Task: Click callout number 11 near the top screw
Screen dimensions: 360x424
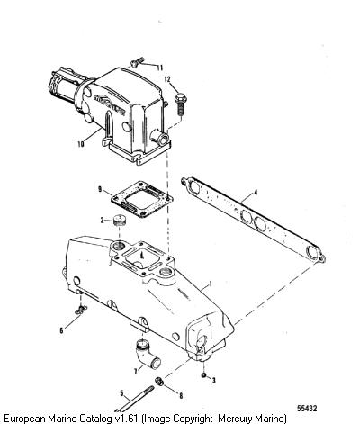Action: tap(159, 68)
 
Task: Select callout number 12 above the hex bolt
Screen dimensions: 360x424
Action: tap(167, 79)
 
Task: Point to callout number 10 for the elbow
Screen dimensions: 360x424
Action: tap(80, 144)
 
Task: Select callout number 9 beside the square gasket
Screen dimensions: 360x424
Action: tap(100, 189)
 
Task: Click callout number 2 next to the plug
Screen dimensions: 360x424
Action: tap(103, 221)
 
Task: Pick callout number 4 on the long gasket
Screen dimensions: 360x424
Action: tap(256, 193)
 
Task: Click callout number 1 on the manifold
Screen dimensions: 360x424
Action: tap(211, 284)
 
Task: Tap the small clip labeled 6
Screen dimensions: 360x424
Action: tap(81, 310)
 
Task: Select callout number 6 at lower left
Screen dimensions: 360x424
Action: tap(61, 330)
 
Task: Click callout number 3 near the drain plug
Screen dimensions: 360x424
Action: tap(213, 381)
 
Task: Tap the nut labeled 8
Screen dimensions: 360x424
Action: tap(158, 382)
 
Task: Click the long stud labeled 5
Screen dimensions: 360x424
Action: tap(134, 400)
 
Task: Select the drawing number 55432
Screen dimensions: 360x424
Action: tap(307, 409)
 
